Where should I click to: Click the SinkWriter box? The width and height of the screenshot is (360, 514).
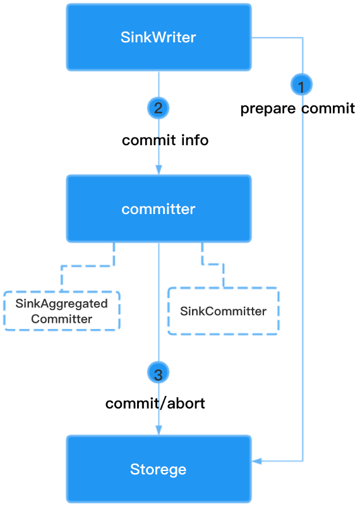159,37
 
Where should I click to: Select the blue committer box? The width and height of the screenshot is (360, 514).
159,209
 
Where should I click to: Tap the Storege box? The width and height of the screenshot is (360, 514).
159,469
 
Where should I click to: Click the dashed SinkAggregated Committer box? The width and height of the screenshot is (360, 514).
62,311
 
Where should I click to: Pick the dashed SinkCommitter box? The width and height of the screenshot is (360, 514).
224,311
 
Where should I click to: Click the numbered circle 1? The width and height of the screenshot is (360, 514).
301,85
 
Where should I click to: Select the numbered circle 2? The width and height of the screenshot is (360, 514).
159,108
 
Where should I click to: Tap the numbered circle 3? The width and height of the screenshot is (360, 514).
159,373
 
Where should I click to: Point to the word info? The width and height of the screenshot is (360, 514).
195,140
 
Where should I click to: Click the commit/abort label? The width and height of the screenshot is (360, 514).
155,403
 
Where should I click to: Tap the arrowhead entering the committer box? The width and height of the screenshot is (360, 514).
159,170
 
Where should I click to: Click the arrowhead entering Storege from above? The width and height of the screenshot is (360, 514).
159,430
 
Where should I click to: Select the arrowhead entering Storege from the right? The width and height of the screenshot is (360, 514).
256,461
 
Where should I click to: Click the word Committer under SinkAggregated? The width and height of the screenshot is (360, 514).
62,319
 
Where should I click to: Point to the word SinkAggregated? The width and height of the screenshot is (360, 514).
62,304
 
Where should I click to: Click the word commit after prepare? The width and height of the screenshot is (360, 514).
328,108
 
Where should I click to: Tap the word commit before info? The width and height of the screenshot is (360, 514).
149,140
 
